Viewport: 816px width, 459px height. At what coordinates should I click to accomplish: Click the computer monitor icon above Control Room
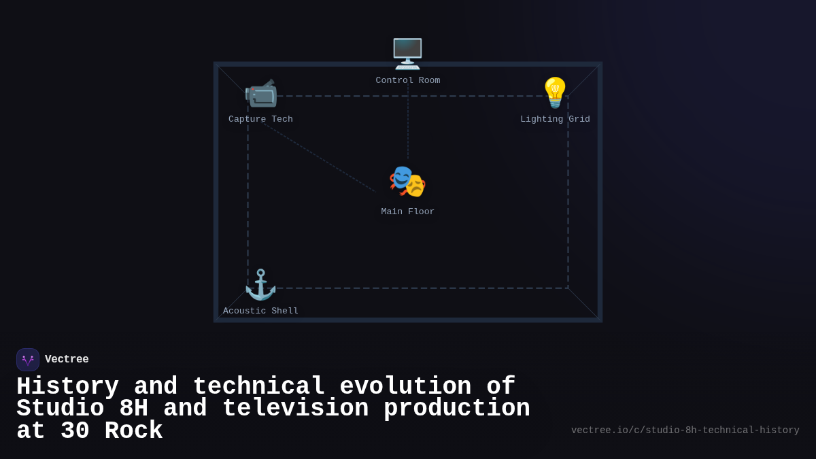(407, 53)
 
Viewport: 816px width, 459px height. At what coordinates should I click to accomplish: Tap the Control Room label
(407, 80)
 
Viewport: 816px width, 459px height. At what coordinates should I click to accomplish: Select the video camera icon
(260, 93)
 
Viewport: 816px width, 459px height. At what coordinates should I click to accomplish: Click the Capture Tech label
(260, 119)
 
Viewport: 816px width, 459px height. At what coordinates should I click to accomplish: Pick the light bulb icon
(555, 92)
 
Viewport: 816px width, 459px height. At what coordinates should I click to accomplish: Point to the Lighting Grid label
(555, 119)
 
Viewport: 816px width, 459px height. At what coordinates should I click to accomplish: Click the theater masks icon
(407, 182)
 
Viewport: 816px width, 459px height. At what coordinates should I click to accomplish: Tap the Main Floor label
(407, 211)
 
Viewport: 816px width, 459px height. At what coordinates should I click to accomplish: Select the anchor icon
(260, 284)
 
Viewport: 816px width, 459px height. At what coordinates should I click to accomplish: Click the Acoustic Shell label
(260, 311)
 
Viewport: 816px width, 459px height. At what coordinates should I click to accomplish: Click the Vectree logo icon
(28, 360)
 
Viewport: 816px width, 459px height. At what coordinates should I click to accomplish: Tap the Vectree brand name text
(67, 360)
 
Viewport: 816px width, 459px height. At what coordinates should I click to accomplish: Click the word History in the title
(67, 386)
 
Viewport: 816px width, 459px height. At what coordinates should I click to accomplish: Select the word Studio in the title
(60, 409)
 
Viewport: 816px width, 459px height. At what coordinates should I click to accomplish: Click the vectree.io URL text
(685, 430)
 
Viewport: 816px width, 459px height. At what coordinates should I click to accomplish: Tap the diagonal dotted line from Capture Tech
(320, 158)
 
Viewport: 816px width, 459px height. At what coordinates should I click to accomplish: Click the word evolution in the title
(405, 386)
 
